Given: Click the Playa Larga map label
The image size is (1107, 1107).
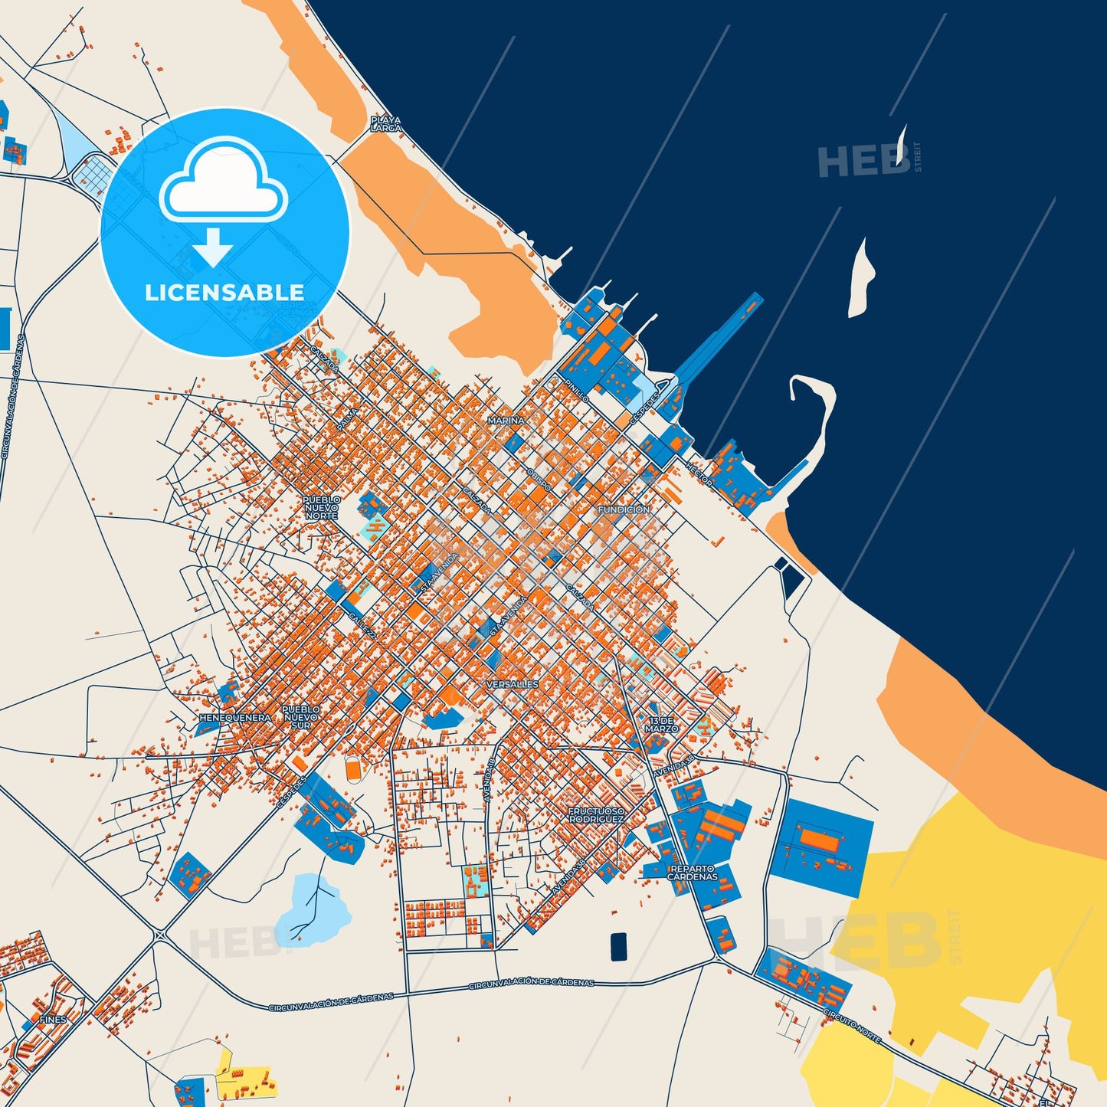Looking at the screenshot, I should pyautogui.click(x=385, y=124).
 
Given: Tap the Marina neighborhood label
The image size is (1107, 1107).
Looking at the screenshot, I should pyautogui.click(x=506, y=421).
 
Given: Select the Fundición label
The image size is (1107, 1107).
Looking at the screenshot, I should pyautogui.click(x=624, y=509).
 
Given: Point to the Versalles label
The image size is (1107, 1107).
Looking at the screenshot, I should pyautogui.click(x=513, y=684).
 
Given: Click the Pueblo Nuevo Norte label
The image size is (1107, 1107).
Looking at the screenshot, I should pyautogui.click(x=321, y=507).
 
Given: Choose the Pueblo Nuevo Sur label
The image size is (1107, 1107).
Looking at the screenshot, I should pyautogui.click(x=301, y=717).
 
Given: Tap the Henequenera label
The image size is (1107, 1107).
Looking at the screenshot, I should pyautogui.click(x=234, y=718).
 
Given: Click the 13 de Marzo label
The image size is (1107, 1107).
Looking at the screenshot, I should pyautogui.click(x=661, y=725).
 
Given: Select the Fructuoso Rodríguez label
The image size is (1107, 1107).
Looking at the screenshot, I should pyautogui.click(x=596, y=814).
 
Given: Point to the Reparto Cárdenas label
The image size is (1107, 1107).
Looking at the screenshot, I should pyautogui.click(x=693, y=873).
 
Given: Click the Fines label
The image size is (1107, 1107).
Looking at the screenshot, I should pyautogui.click(x=54, y=1020).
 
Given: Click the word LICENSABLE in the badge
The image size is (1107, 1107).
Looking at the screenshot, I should pyautogui.click(x=224, y=293).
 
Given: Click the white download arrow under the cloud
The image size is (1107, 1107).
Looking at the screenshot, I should pyautogui.click(x=212, y=247).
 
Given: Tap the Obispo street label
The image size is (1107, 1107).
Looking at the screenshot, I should pyautogui.click(x=539, y=477).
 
